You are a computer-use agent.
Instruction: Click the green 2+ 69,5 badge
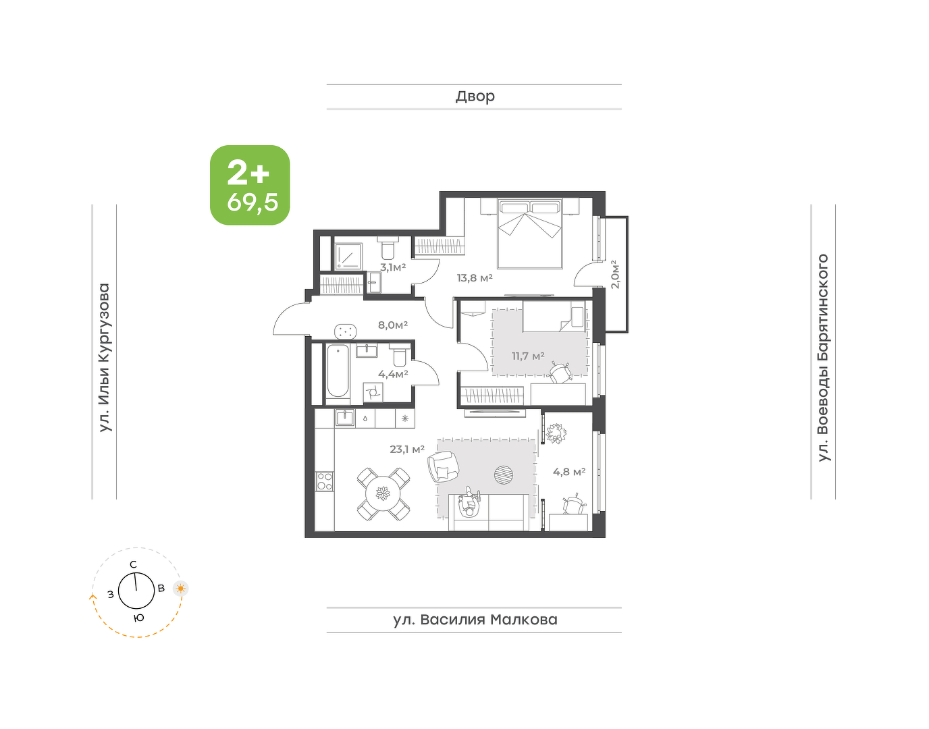[250, 185]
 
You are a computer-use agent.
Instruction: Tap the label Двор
[475, 97]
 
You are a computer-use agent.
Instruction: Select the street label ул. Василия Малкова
[475, 620]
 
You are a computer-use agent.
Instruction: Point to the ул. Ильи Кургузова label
[105, 358]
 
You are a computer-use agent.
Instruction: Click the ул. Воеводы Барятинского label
[823, 358]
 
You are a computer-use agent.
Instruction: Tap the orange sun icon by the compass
[181, 589]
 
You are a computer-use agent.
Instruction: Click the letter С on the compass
[134, 564]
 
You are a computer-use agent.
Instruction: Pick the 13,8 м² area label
[475, 278]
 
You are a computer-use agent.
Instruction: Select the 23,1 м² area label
[407, 449]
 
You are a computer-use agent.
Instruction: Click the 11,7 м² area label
[528, 356]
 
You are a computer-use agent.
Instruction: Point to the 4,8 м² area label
[569, 472]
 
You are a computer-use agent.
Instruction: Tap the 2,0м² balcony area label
[614, 274]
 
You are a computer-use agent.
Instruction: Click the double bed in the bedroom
[529, 234]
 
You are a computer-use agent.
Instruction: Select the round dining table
[383, 494]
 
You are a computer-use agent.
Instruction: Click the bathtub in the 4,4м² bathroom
[338, 371]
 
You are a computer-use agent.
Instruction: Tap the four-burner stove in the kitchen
[325, 481]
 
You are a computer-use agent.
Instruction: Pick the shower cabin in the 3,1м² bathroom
[348, 256]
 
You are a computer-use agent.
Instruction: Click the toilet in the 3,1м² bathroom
[388, 250]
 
